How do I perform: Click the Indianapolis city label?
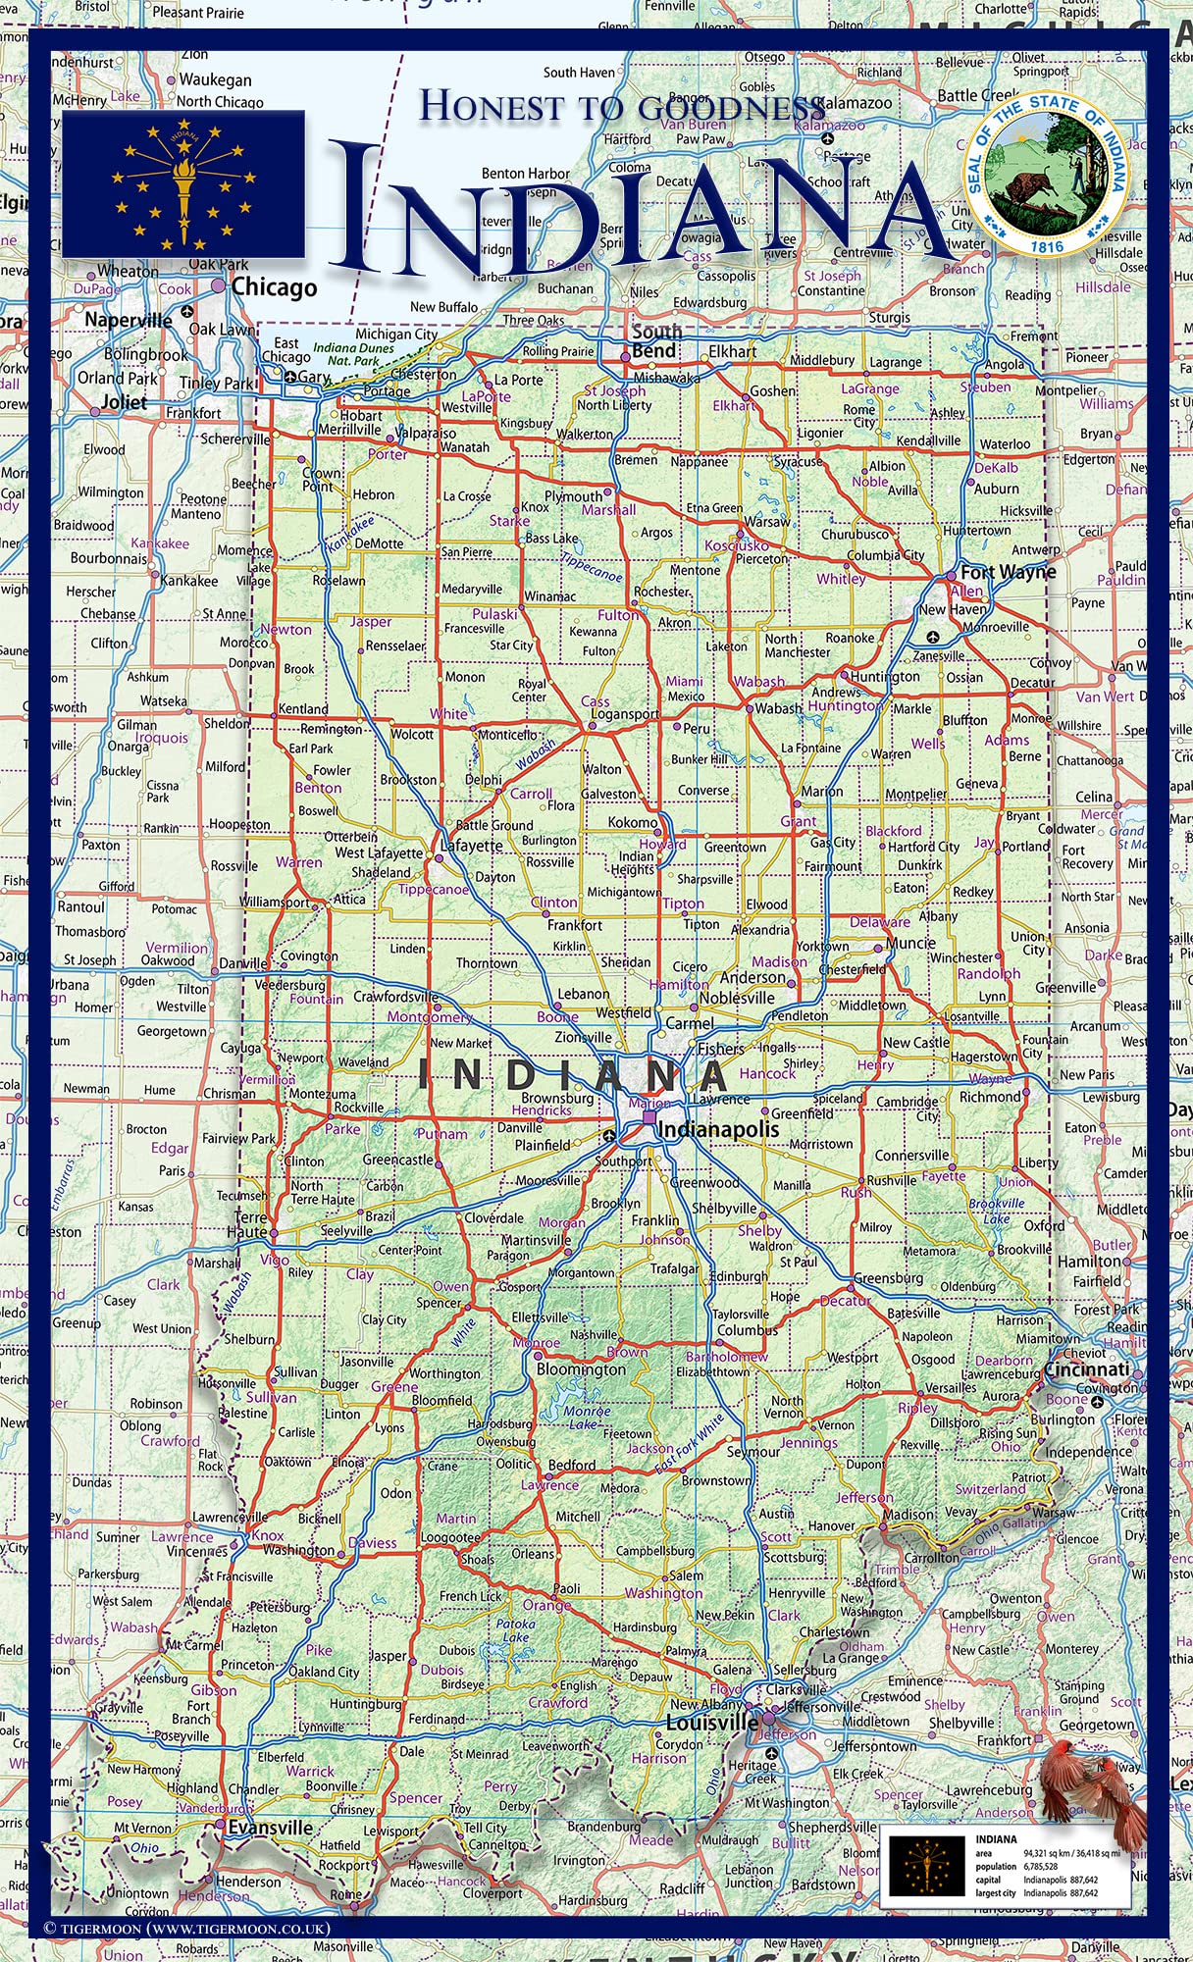click(718, 1129)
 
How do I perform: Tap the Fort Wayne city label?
click(1008, 572)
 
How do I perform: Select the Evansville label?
click(270, 1828)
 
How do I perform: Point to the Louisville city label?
click(712, 1723)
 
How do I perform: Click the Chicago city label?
click(274, 287)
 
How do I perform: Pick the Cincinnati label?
click(1086, 1369)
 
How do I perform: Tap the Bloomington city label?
click(581, 1368)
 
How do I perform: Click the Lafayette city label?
click(471, 845)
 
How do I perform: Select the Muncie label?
click(910, 943)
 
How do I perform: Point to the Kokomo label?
click(633, 822)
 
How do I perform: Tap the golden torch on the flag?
click(182, 186)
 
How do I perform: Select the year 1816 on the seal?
click(1047, 246)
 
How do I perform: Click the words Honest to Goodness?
click(622, 106)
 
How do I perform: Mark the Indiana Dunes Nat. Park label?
click(353, 354)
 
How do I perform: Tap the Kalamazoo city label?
click(854, 103)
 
